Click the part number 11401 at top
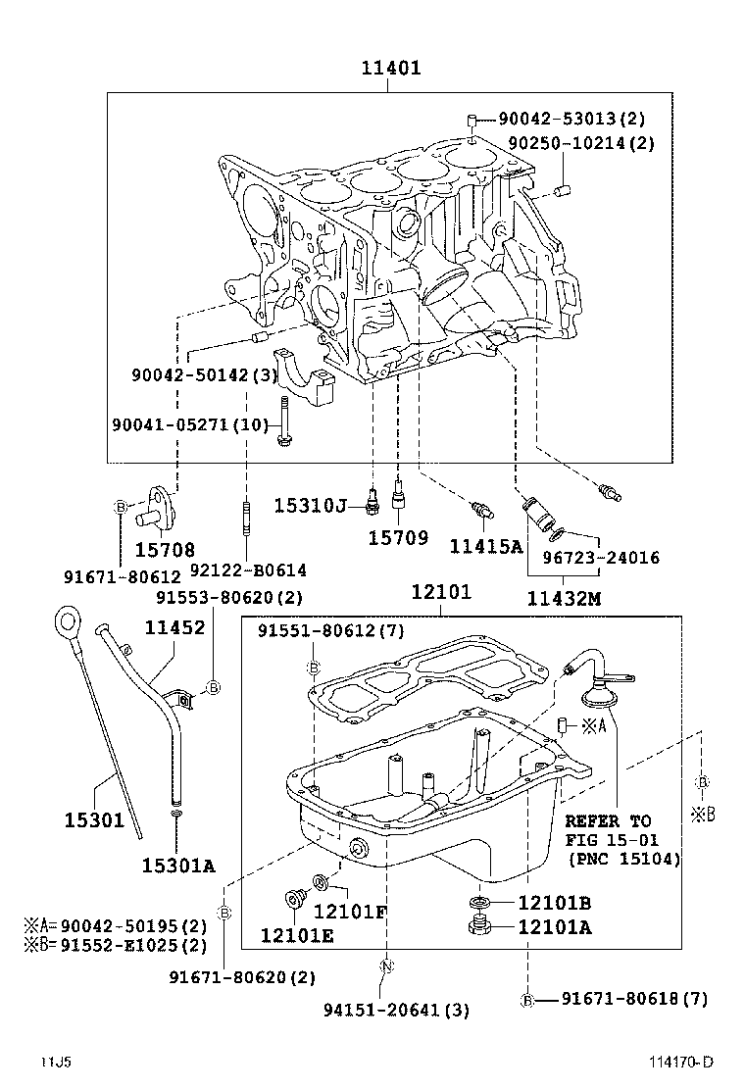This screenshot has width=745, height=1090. [390, 68]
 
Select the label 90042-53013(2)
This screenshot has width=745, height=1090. [571, 119]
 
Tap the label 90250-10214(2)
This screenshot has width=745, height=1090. [580, 143]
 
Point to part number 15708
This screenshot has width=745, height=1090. [165, 550]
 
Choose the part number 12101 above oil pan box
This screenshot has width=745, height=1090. [441, 592]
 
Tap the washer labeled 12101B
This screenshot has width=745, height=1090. [481, 903]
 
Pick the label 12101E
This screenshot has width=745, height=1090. [297, 936]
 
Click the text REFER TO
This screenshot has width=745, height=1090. [607, 820]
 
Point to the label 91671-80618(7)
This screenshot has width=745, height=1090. [633, 999]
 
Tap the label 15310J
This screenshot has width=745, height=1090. [310, 505]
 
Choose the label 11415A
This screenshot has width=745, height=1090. [486, 546]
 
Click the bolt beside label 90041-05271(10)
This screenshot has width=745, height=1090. [283, 422]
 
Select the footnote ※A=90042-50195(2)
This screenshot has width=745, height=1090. [116, 925]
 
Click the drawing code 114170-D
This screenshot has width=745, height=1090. [679, 1063]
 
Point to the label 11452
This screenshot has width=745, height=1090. [175, 628]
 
